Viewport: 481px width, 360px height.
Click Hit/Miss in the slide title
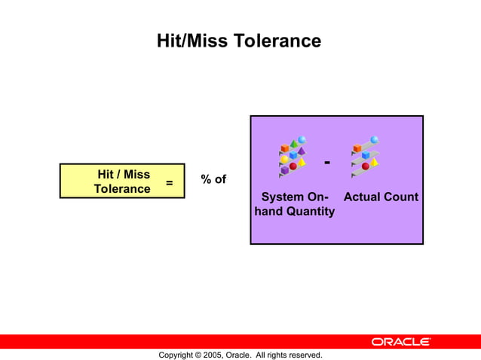[191, 41]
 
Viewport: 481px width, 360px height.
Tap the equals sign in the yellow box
[169, 182]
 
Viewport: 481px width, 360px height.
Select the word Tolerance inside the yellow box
[121, 189]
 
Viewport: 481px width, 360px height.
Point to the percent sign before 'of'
[206, 179]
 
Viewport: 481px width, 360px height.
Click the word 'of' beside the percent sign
[219, 179]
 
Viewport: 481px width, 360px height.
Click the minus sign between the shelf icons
[326, 163]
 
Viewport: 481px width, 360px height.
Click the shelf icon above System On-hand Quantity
[292, 157]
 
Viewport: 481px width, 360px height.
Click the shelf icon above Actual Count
[365, 157]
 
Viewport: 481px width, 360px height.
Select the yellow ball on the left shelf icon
[285, 160]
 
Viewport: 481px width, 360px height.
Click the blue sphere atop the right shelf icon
[374, 140]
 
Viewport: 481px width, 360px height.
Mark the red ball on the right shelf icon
[366, 166]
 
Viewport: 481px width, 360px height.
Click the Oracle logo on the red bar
[400, 342]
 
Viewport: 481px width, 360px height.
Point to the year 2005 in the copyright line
[214, 355]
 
